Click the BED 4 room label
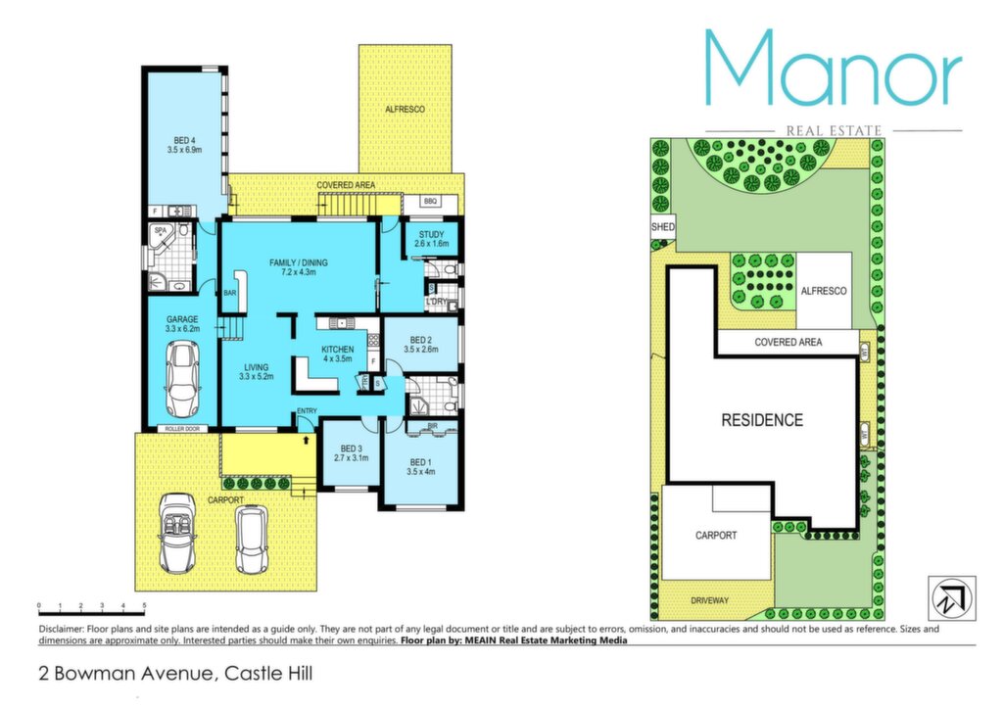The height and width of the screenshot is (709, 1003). click(184, 141)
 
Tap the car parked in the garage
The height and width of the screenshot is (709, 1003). click(182, 378)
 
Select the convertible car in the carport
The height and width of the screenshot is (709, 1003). click(176, 533)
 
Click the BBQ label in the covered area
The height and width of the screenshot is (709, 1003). click(430, 202)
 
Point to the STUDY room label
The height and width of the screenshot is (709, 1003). click(431, 235)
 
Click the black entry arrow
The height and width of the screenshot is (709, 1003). click(307, 440)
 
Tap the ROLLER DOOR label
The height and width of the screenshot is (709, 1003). click(182, 429)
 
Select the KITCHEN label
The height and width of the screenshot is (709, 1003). click(337, 350)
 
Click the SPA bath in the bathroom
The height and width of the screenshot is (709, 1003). click(162, 237)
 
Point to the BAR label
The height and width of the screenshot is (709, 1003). click(229, 294)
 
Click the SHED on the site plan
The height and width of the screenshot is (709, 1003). click(663, 227)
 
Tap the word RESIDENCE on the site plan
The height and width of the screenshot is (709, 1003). click(762, 420)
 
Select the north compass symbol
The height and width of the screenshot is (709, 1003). click(952, 598)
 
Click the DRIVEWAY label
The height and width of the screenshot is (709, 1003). click(709, 600)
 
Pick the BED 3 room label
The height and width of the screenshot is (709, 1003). click(352, 449)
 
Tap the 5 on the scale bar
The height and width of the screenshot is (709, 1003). click(144, 605)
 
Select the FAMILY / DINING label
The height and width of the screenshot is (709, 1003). click(298, 262)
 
